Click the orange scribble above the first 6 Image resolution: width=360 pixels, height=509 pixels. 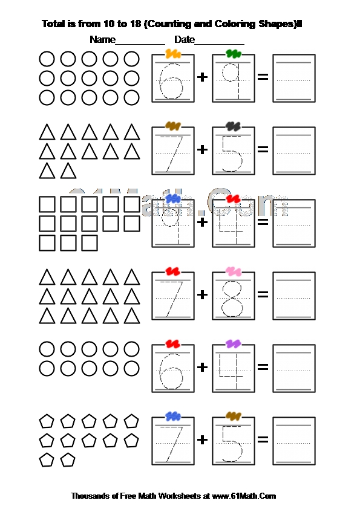point(173,54)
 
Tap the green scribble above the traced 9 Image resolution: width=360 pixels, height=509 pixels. point(234,54)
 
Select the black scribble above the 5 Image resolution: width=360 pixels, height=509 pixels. point(234,126)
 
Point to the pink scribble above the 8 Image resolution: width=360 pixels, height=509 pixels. point(234,271)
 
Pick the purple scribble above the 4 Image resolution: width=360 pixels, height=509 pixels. point(234,344)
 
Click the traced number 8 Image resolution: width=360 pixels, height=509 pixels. point(232,299)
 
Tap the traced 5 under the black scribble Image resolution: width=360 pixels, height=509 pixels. point(232,154)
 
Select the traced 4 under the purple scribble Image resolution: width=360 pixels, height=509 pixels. point(231,371)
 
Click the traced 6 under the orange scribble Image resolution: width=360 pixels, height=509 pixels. point(171,81)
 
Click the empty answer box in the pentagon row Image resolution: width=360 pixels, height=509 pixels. point(294,441)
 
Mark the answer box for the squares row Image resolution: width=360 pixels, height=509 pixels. point(294,223)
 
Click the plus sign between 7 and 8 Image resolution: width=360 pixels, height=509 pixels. point(203,295)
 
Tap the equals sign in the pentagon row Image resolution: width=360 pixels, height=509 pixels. point(263,440)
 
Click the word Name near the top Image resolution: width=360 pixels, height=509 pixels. point(102,40)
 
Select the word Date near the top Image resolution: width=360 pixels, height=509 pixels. point(185,40)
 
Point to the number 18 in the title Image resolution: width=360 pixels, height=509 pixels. point(135,24)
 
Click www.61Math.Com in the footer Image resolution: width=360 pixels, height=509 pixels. point(244,496)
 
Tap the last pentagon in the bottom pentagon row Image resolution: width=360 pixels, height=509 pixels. point(68,459)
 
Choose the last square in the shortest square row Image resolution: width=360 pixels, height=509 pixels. point(90,243)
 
